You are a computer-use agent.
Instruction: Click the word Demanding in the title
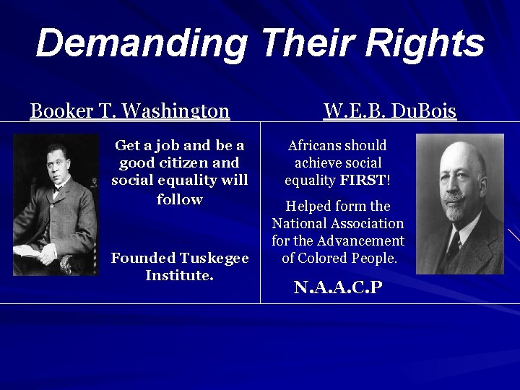141,43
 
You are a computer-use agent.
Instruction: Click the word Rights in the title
425,43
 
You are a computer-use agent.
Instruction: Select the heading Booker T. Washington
130,111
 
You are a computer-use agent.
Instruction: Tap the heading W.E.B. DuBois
390,111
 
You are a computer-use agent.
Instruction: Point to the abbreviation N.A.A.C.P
337,287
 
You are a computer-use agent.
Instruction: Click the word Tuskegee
214,258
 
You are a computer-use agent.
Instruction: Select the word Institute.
179,275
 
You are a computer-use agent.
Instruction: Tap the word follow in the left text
179,199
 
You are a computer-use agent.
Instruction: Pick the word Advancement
359,240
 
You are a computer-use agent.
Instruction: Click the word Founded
143,258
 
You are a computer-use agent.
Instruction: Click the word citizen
180,163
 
